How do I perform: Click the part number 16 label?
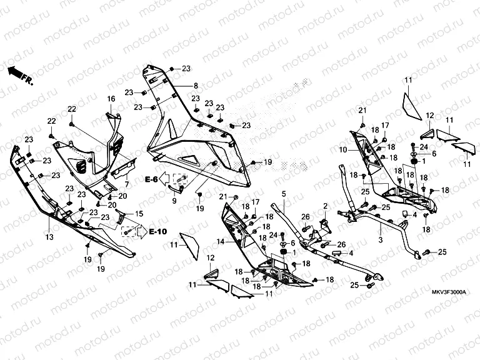111,99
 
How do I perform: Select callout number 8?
195,86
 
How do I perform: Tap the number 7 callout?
127,184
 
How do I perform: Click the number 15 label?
139,214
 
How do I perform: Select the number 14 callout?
219,241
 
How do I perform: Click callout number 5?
282,194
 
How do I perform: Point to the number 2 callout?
325,206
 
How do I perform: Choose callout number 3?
379,239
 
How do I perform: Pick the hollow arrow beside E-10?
141,231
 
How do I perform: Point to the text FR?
27,79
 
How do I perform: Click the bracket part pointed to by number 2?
324,224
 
